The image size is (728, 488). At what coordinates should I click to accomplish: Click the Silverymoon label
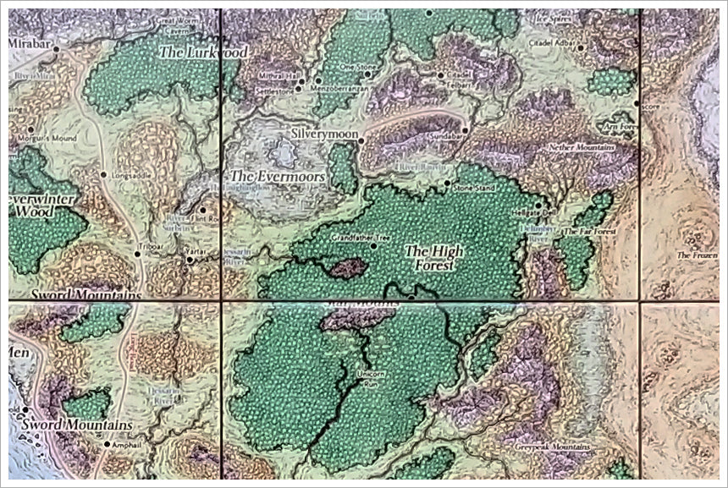click(321, 134)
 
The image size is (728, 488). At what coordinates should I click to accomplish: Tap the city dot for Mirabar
click(57, 49)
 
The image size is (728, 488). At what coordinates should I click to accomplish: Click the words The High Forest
click(429, 257)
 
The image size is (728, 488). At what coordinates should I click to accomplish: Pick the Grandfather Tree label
click(358, 238)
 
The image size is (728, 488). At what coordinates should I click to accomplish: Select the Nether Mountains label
click(581, 147)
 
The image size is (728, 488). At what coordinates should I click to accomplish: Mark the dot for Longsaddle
click(103, 175)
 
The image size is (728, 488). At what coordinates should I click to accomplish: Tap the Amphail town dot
click(107, 444)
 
